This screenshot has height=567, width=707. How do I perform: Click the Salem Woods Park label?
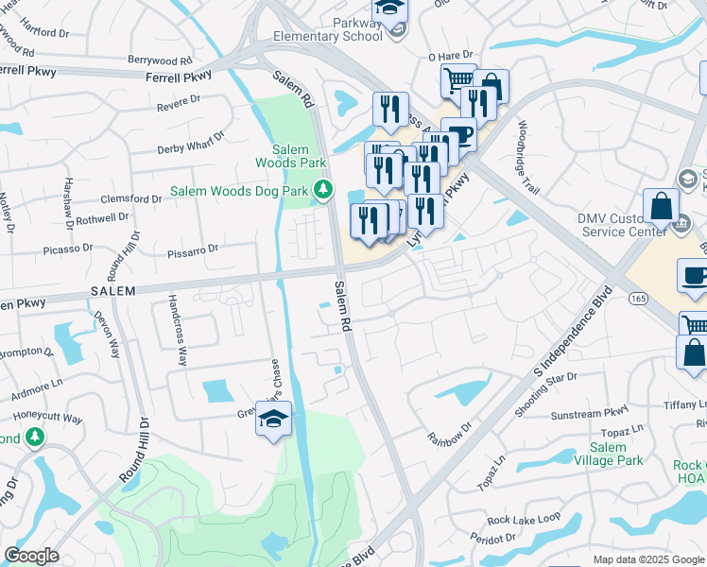(x=290, y=156)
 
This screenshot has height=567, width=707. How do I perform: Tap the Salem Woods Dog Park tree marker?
(x=323, y=191)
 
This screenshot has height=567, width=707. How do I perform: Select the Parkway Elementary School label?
(x=327, y=29)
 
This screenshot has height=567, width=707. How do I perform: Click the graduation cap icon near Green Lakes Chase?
(x=273, y=419)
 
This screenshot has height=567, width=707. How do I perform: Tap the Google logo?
(x=30, y=556)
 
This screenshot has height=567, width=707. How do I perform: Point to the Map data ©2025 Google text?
(x=648, y=559)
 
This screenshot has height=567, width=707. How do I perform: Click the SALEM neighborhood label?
(x=113, y=290)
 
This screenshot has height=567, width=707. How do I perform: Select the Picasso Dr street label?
(x=68, y=249)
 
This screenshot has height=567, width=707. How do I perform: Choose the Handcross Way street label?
(x=176, y=330)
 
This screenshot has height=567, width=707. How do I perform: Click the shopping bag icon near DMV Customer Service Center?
(x=662, y=205)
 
